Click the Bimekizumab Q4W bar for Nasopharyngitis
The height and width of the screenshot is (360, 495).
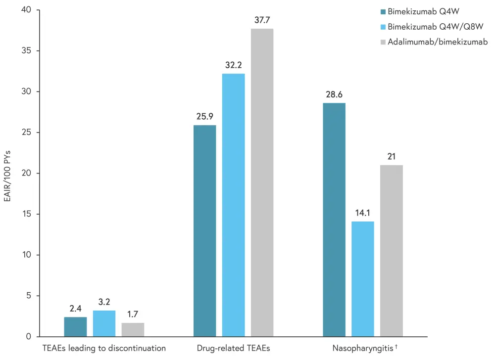(x=334, y=220)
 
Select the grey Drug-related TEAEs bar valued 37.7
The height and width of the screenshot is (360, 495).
(x=262, y=183)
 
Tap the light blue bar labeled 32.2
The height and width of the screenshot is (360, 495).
(x=233, y=205)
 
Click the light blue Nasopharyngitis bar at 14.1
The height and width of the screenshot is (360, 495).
(x=363, y=279)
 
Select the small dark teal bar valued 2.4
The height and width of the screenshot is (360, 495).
(x=76, y=327)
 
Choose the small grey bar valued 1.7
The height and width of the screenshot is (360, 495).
(x=133, y=330)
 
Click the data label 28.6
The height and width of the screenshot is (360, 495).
(x=334, y=94)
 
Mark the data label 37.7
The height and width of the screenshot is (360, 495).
(x=262, y=20)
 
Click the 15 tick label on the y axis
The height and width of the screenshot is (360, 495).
(x=26, y=214)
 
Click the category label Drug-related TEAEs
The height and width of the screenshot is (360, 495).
(x=233, y=348)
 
